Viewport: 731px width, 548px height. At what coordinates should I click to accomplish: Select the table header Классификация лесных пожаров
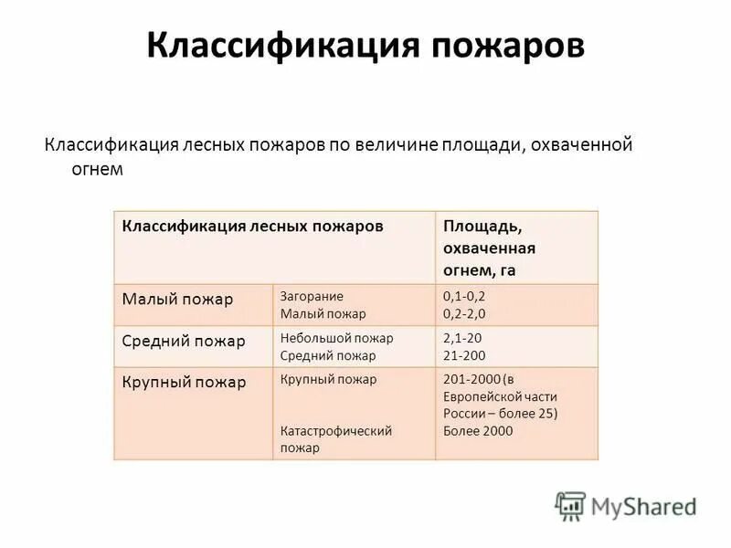pos(253,226)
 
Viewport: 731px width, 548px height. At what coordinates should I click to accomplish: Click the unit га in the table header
pos(510,270)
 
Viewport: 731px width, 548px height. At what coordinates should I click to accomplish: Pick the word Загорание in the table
pos(312,296)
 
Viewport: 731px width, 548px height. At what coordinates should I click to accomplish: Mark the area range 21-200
pos(464,355)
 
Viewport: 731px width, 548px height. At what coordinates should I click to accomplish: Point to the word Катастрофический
pos(336,431)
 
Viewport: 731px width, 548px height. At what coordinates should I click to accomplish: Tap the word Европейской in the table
pos(500,396)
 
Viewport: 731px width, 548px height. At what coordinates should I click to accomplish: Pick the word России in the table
pos(466,414)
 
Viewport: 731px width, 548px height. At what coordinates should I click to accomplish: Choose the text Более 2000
pos(478,431)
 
